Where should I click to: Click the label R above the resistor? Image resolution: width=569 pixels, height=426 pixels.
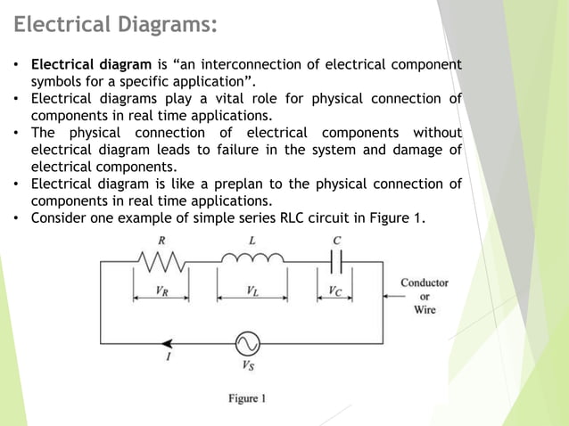tap(160, 241)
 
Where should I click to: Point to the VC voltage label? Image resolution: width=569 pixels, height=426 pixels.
tap(334, 291)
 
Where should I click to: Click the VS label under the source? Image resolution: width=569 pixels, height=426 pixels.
tap(248, 365)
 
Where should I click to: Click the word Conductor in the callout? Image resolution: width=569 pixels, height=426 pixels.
tap(424, 283)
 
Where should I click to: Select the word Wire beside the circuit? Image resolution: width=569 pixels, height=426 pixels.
tap(425, 310)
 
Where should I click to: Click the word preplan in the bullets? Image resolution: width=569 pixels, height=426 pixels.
tap(248, 184)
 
